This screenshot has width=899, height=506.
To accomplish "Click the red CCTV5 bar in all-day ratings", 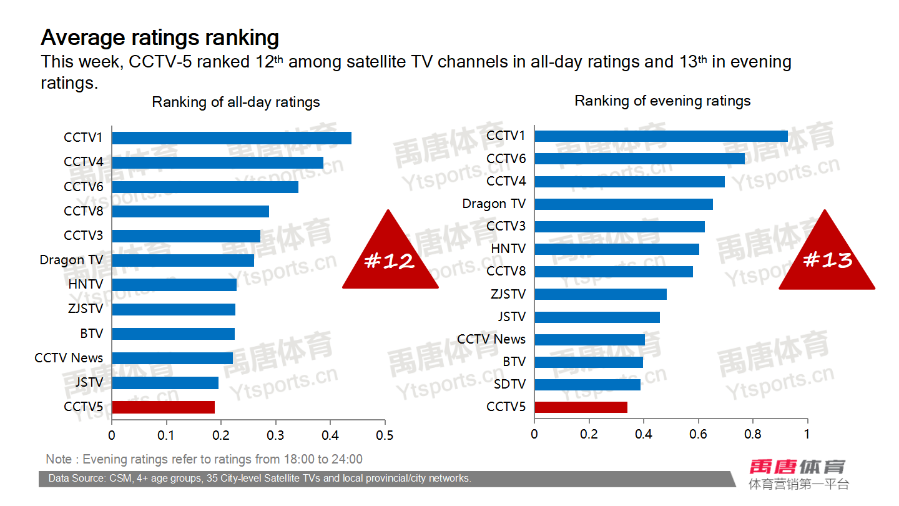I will (163, 407).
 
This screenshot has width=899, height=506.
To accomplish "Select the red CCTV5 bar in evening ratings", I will (581, 407).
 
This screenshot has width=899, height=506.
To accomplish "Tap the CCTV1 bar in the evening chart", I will (661, 136).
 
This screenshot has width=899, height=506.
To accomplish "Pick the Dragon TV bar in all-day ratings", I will (183, 260).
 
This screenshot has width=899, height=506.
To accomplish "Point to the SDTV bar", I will (587, 385).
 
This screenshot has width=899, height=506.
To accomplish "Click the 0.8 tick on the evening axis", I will (753, 434).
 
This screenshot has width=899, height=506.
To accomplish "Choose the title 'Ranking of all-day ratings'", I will (236, 102).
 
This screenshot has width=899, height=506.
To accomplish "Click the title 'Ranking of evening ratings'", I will (662, 101).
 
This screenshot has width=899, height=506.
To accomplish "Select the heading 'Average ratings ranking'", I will (160, 37).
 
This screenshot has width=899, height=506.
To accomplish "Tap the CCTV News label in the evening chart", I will (491, 339).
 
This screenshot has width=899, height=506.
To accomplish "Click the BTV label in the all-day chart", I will (91, 334).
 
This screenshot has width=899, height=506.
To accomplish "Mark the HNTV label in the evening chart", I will (508, 249).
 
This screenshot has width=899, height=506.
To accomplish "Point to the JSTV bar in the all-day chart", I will (165, 383).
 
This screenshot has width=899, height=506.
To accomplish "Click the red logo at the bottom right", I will (797, 467).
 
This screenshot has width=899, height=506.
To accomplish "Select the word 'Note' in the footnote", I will (59, 459).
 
